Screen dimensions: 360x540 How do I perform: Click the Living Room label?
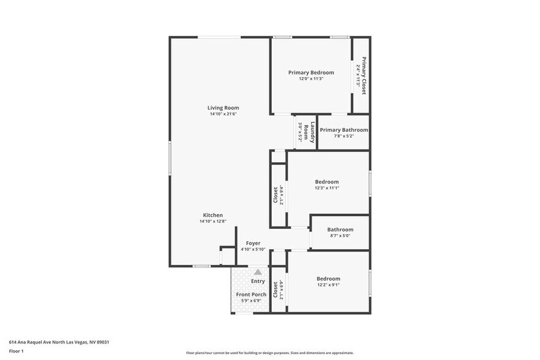pyautogui.click(x=223, y=108)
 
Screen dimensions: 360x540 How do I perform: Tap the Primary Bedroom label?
pyautogui.click(x=311, y=72)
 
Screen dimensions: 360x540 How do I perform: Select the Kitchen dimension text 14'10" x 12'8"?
pyautogui.click(x=212, y=222)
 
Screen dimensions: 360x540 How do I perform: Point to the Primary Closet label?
pyautogui.click(x=364, y=76)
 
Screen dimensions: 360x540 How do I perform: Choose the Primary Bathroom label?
pyautogui.click(x=343, y=130)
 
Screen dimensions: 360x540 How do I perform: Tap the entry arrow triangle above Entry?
pyautogui.click(x=258, y=272)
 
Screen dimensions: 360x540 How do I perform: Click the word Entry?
pyautogui.click(x=258, y=281)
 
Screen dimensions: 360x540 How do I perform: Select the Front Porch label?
pyautogui.click(x=251, y=294)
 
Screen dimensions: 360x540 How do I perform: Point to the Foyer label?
pyautogui.click(x=253, y=243)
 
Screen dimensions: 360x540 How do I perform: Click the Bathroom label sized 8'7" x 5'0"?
pyautogui.click(x=340, y=230)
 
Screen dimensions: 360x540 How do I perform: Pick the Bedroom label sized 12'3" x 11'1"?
pyautogui.click(x=326, y=182)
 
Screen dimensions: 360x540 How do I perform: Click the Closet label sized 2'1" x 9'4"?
pyautogui.click(x=276, y=195)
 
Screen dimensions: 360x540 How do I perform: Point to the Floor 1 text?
pyautogui.click(x=16, y=351)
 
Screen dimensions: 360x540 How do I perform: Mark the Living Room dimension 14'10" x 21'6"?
pyautogui.click(x=223, y=114)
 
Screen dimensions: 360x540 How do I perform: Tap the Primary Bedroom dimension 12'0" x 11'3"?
pyautogui.click(x=311, y=78)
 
